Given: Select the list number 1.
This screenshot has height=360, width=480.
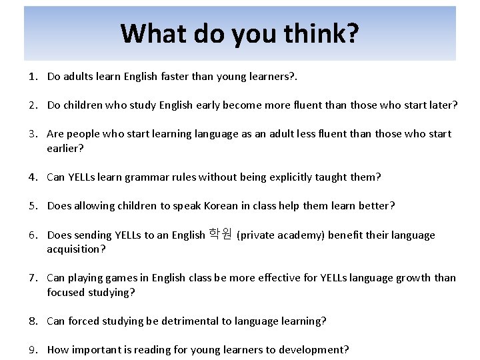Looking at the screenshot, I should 31,76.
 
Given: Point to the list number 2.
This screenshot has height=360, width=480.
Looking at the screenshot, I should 31,105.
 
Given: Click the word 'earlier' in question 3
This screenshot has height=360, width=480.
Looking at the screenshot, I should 63,148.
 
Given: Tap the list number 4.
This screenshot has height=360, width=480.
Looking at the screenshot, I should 31,177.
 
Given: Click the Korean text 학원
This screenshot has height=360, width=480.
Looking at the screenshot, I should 220,234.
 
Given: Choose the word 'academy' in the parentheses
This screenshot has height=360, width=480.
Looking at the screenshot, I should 297,235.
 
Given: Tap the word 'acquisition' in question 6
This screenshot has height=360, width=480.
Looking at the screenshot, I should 74,249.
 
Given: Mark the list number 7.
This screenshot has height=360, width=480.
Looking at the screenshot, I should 31,277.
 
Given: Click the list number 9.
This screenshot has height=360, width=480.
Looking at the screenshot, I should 31,349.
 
